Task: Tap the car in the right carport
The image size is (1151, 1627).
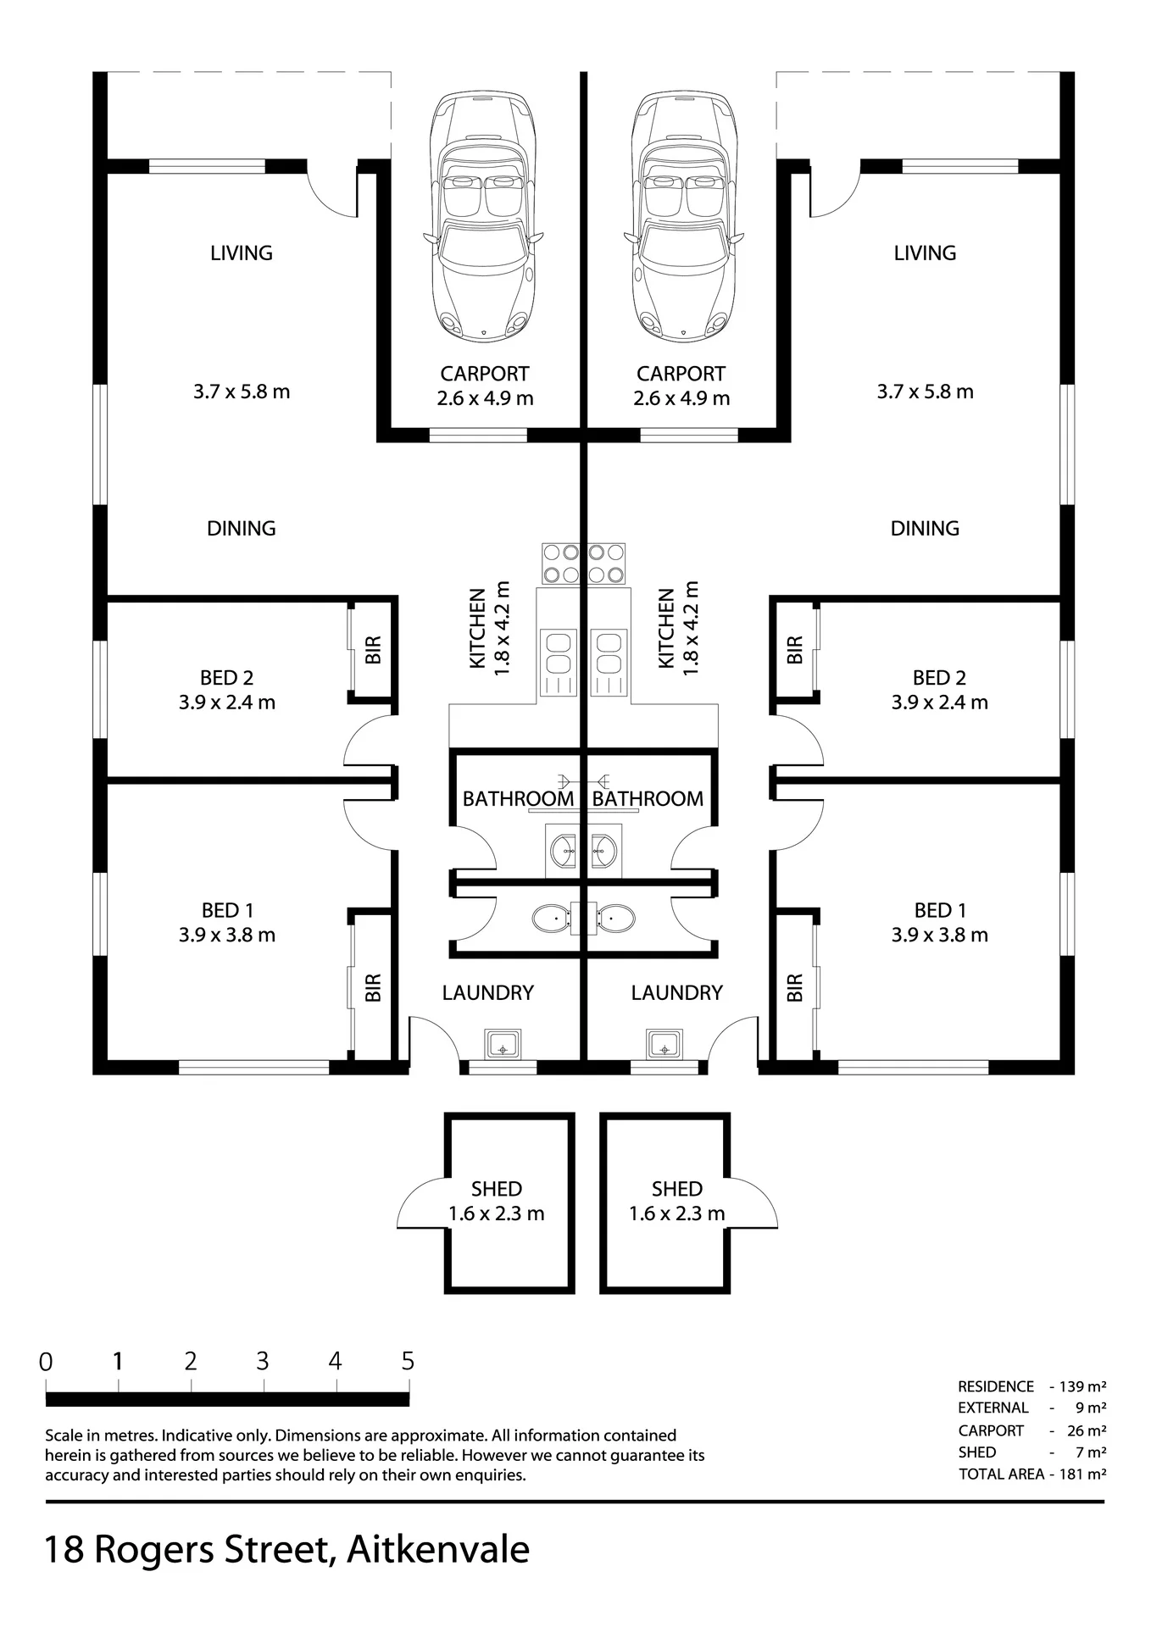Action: [684, 217]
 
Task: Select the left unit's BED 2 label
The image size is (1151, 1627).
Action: [226, 678]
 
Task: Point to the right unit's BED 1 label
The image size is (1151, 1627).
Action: [939, 910]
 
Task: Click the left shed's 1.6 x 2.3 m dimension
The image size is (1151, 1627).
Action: [497, 1213]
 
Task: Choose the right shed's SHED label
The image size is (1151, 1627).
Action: [677, 1189]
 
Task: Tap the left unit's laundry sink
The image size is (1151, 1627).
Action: [503, 1044]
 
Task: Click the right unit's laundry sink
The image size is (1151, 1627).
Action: [665, 1044]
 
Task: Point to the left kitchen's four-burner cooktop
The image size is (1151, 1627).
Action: [561, 564]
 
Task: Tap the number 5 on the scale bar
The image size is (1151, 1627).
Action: [408, 1361]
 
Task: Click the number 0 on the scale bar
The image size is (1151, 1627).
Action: [46, 1362]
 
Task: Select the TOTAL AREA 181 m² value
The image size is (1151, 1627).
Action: [1082, 1474]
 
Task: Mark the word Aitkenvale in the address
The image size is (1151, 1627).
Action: [438, 1549]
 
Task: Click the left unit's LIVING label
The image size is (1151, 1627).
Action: [242, 253]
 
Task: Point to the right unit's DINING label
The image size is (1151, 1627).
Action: [925, 528]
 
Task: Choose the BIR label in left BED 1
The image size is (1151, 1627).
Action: [373, 987]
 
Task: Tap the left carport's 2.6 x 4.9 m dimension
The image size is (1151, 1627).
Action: [485, 398]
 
